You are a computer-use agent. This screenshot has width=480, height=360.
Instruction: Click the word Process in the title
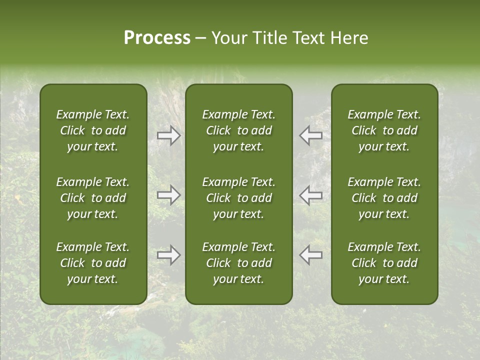tap(157, 38)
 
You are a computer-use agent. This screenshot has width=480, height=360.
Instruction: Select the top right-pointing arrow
tap(168, 135)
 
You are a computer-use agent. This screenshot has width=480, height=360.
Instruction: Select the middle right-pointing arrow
tap(168, 195)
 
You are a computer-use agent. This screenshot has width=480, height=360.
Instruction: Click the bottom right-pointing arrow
tap(168, 254)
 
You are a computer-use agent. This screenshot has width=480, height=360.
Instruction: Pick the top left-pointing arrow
tap(310, 135)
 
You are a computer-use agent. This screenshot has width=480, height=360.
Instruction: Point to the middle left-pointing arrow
tap(310, 195)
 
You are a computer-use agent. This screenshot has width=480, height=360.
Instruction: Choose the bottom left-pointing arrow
tap(310, 254)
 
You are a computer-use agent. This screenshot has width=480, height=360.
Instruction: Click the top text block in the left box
tap(93, 130)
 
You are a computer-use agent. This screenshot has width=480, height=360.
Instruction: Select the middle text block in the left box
tap(93, 198)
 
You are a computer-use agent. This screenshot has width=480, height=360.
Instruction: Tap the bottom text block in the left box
tap(93, 263)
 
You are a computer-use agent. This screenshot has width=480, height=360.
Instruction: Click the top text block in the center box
tap(239, 130)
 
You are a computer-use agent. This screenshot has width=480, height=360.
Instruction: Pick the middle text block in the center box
tap(239, 198)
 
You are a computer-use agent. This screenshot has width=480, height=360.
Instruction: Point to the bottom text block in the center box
tap(239, 263)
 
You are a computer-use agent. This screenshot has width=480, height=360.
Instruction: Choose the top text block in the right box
tap(384, 130)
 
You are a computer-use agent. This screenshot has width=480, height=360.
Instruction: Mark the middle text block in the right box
tap(384, 198)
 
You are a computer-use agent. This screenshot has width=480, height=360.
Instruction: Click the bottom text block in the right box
tap(384, 263)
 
